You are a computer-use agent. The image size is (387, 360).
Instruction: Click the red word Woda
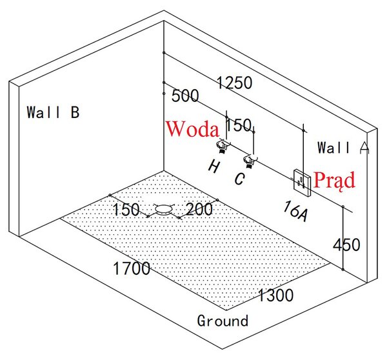point(192,129)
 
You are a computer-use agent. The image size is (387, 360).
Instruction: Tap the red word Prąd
point(334,181)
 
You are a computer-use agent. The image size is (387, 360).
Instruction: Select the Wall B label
point(53,112)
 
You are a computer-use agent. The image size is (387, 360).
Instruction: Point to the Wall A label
point(343,148)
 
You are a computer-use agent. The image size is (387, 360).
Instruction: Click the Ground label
point(223,321)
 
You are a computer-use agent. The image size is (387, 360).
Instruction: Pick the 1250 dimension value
point(235,83)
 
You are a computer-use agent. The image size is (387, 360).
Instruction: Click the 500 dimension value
point(185,95)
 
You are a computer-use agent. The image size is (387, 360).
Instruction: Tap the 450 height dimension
point(346,245)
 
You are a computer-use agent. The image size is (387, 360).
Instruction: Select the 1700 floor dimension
point(132,268)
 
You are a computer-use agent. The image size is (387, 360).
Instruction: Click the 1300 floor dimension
point(275,295)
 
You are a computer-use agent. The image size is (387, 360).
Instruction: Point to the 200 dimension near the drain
point(199,210)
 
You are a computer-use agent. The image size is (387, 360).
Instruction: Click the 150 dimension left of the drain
point(126,210)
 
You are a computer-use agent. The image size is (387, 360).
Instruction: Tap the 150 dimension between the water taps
point(239,125)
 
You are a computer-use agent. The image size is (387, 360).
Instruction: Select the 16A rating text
point(295,211)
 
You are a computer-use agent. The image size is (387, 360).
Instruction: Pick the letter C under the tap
point(240,179)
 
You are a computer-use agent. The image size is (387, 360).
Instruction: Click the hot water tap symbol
point(223,146)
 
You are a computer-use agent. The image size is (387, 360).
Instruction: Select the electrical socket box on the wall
point(302,183)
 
